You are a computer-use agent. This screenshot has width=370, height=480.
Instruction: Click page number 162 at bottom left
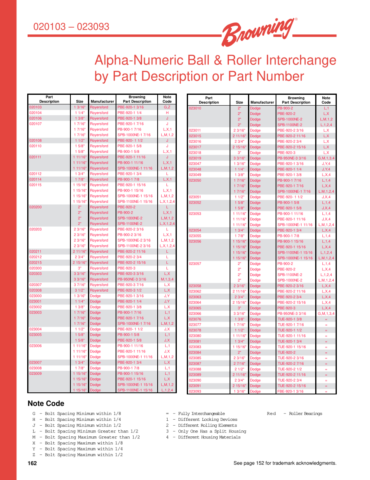click(32, 463)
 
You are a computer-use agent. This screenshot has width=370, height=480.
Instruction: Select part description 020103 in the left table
click(36, 107)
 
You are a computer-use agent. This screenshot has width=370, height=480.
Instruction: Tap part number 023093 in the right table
click(195, 391)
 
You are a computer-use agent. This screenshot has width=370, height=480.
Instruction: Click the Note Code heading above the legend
click(46, 404)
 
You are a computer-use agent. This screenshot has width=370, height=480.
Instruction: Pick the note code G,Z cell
click(167, 107)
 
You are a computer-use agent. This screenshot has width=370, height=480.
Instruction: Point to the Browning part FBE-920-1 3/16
click(290, 391)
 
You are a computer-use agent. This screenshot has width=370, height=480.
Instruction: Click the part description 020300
click(36, 268)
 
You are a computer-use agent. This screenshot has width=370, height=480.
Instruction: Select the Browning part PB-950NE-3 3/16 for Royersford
click(132, 279)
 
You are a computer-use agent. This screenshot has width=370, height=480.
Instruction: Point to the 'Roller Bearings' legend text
click(305, 414)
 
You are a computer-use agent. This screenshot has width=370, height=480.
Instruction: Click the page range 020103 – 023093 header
click(71, 27)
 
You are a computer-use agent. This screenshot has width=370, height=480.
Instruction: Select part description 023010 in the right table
click(195, 108)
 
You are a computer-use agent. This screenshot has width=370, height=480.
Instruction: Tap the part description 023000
click(36, 296)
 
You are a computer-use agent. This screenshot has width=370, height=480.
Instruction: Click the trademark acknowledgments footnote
click(285, 463)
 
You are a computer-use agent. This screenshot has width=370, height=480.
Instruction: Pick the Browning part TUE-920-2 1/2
click(290, 369)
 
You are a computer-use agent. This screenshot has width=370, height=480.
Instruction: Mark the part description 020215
click(36, 262)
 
